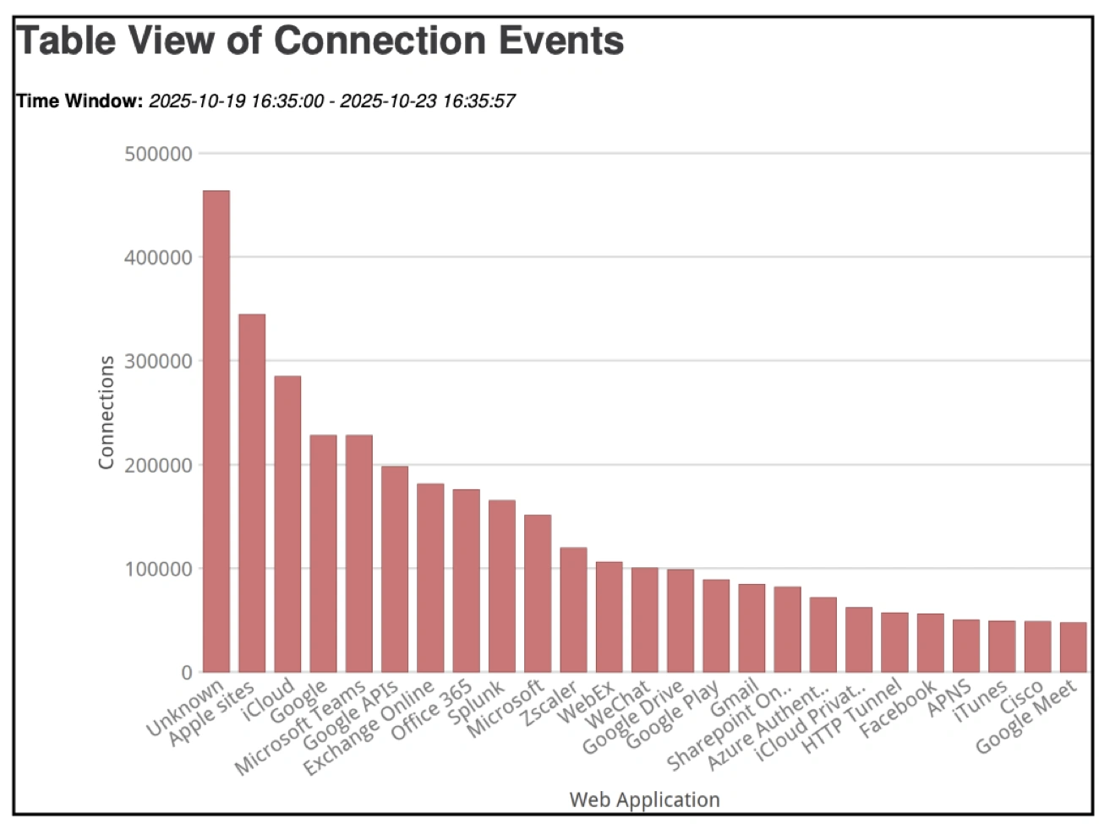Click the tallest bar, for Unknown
216,431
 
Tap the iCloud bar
287,524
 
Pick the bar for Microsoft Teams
358,554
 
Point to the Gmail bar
752,628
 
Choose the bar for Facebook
930,642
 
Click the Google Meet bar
1073,647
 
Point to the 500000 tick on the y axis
158,154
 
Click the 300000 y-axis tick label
158,361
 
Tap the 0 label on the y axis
187,673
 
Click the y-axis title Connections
106,412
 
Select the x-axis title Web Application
644,799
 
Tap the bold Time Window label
79,101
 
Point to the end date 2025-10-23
388,101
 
